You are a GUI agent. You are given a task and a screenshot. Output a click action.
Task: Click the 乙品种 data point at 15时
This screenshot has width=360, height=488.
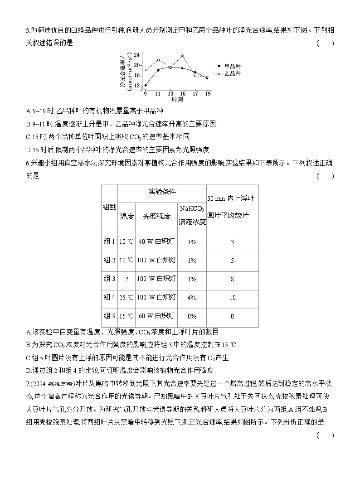pos(182,56)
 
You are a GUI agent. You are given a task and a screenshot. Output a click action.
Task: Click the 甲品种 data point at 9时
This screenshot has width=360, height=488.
pos(146,85)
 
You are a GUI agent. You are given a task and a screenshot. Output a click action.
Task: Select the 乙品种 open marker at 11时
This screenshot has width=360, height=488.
pos(158,60)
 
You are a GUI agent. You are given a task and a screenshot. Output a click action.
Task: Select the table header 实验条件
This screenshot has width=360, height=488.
pos(162,192)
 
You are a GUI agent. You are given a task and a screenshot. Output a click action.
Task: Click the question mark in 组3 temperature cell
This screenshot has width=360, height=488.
pos(126,279)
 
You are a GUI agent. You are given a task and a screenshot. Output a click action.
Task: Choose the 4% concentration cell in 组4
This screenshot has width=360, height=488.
pos(192,298)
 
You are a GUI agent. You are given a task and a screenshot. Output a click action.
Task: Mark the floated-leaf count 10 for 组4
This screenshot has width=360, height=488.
pos(232,298)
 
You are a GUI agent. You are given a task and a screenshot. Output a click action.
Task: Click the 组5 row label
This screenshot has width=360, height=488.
pos(109,316)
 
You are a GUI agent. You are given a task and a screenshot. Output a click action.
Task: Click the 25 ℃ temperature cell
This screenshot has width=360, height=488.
pos(126,298)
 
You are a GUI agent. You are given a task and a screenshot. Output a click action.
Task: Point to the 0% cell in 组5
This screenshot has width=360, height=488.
pos(192,316)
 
